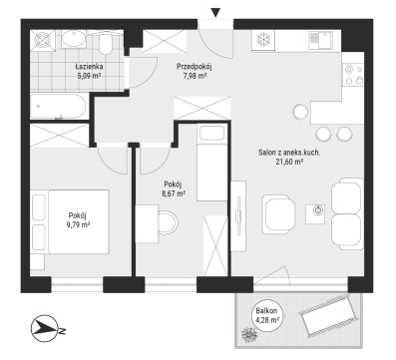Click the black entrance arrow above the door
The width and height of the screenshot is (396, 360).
(216, 13)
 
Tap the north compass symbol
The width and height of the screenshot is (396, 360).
(44, 329)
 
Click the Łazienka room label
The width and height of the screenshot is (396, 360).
(89, 67)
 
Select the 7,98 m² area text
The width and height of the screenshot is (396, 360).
(195, 76)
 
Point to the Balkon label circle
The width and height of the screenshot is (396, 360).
(266, 316)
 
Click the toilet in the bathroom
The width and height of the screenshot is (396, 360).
(106, 44)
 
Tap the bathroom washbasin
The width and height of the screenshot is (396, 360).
(74, 39)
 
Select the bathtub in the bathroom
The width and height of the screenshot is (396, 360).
(58, 107)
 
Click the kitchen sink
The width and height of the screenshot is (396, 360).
(321, 40)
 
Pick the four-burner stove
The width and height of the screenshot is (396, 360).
(353, 75)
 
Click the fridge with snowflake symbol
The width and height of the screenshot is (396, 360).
(263, 41)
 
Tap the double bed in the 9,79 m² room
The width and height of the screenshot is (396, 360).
(79, 221)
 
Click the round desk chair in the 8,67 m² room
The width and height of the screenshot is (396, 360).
(168, 223)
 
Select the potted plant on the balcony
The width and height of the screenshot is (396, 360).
(248, 334)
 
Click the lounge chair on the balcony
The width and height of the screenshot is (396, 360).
(328, 315)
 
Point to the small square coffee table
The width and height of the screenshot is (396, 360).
(315, 214)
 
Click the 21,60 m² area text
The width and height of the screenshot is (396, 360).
(289, 162)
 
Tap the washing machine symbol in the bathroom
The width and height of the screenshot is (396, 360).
(43, 40)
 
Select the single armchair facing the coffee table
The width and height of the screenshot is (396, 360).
(278, 214)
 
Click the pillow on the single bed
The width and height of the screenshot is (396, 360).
(211, 133)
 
